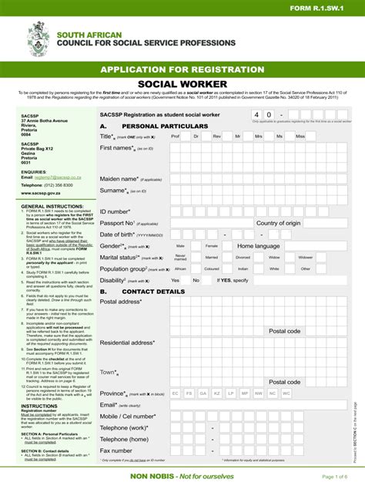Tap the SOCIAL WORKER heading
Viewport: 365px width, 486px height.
182,83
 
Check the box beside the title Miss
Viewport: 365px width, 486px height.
312,136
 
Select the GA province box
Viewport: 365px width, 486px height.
203,393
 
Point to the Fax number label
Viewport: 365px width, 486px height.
116,451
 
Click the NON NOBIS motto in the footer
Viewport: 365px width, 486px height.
182,475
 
